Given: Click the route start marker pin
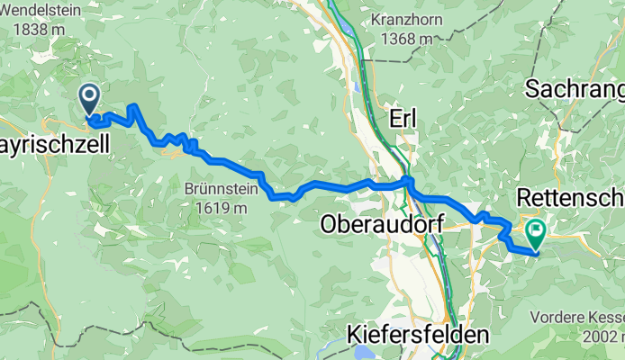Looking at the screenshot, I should click(90, 98).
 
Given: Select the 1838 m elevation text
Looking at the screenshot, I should click(39, 29).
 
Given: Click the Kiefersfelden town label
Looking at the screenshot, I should click(418, 335).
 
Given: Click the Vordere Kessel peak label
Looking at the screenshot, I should click(575, 317).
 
